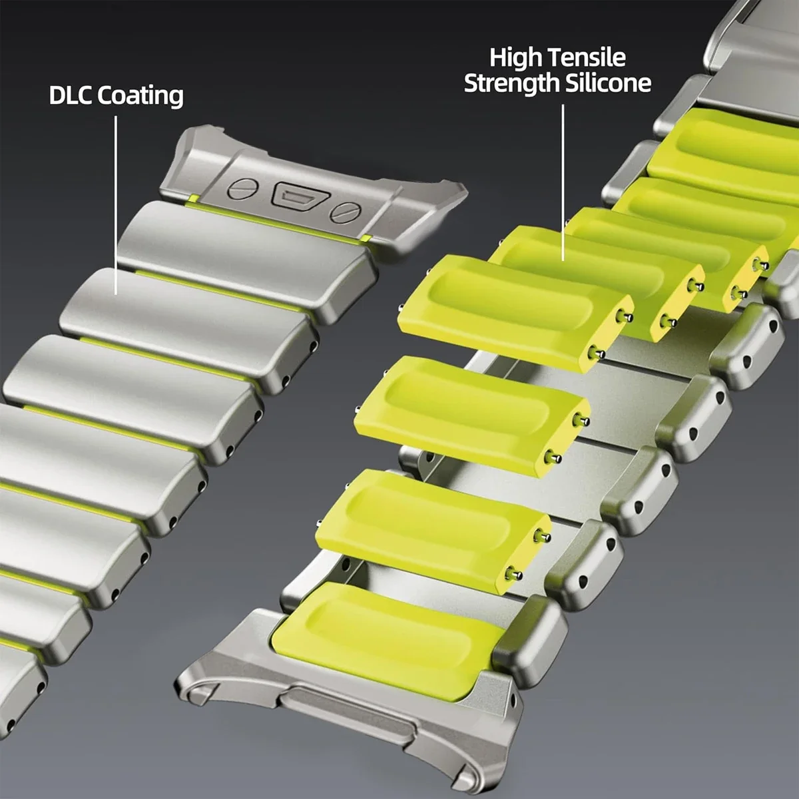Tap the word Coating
140,97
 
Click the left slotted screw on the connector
240,188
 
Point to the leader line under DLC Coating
116,205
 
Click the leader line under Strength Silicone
563,182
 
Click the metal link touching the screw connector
248,262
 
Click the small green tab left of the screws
192,198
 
